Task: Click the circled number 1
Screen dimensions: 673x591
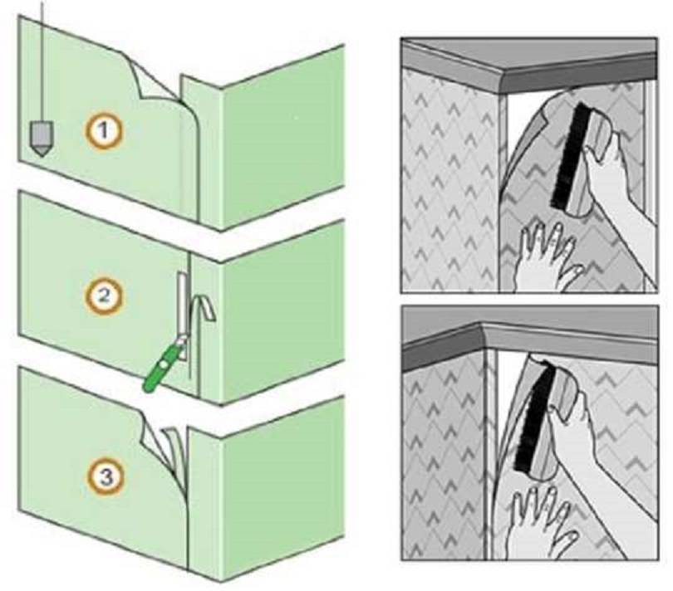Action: [103, 130]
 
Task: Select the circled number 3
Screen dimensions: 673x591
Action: [106, 477]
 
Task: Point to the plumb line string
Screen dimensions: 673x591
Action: [42, 61]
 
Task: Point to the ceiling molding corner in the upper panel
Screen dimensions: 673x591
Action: [503, 81]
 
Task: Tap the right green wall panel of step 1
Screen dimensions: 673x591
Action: [283, 136]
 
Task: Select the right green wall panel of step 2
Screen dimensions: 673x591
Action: [283, 311]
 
